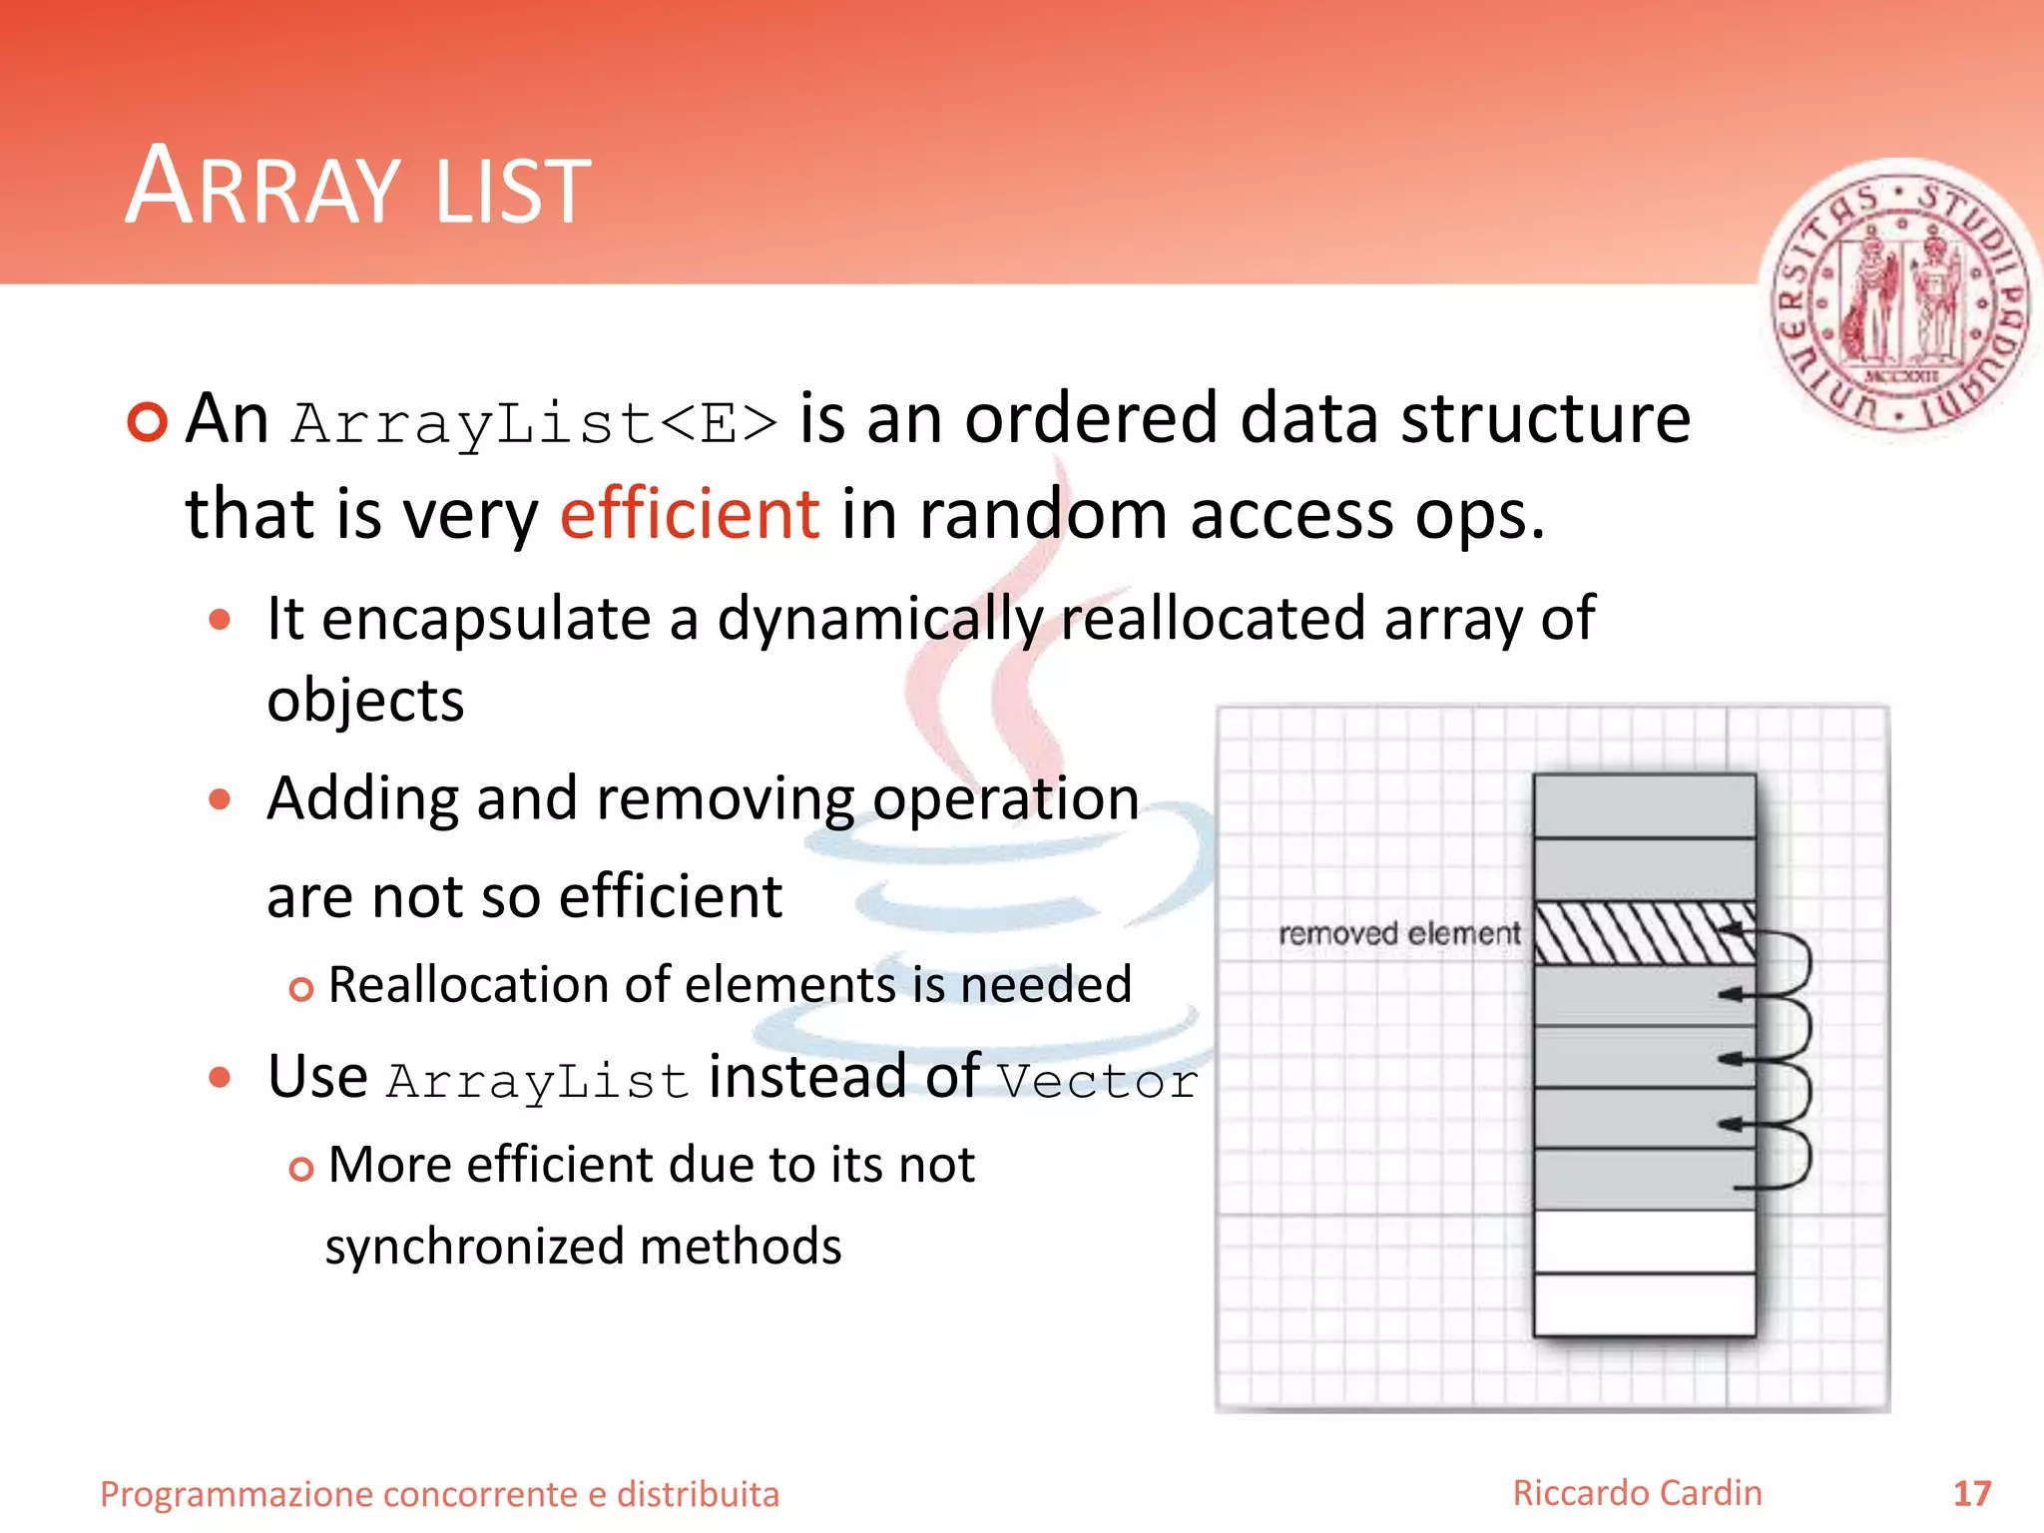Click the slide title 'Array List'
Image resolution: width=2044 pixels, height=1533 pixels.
[358, 187]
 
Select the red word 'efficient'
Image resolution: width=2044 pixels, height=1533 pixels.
[690, 514]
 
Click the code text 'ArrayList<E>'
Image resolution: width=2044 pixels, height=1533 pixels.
[535, 422]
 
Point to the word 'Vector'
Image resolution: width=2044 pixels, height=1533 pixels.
[1098, 1081]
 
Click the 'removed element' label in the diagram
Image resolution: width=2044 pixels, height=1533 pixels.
[1399, 934]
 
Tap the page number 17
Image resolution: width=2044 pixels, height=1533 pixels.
[1971, 1494]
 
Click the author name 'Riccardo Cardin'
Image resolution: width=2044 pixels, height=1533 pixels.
[1637, 1493]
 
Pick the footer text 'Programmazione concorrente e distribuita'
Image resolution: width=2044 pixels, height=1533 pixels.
[440, 1494]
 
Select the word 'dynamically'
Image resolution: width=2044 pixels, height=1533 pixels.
[879, 619]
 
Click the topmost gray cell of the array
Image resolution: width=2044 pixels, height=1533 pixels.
[1644, 806]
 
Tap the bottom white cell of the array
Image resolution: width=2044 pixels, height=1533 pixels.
[1644, 1303]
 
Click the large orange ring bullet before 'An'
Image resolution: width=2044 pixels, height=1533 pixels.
[148, 421]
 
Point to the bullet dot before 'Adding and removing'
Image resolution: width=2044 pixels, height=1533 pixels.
[221, 799]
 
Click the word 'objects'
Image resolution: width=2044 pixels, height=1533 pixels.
[365, 701]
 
